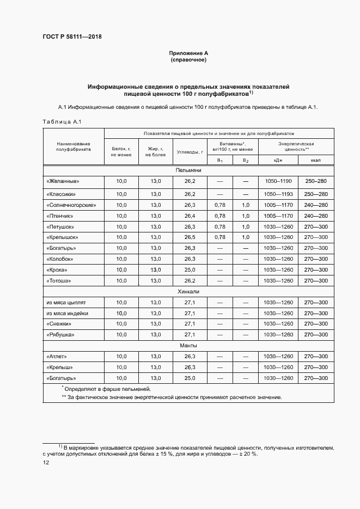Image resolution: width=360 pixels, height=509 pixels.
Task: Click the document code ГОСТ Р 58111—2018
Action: (72, 37)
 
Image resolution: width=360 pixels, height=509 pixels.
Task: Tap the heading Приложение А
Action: (188, 53)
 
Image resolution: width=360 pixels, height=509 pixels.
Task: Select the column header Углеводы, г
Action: (190, 151)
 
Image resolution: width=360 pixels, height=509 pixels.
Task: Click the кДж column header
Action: (278, 160)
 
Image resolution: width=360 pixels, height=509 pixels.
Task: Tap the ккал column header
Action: (315, 160)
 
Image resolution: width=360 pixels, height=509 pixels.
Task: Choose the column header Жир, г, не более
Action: (155, 151)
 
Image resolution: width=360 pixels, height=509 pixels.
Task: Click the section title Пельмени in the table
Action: (188, 170)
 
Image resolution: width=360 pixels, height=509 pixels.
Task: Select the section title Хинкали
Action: (188, 292)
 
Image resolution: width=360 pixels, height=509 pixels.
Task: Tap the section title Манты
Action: (188, 346)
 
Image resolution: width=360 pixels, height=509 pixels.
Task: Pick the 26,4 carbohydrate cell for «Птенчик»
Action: (190, 216)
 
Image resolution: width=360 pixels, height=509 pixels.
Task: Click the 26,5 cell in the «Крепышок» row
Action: (190, 237)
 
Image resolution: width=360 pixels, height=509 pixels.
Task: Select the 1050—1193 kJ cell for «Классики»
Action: (278, 194)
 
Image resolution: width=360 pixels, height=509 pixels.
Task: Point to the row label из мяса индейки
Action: (67, 313)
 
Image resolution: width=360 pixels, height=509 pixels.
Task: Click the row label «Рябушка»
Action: (60, 335)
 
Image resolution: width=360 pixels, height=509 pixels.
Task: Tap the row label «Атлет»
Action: (57, 356)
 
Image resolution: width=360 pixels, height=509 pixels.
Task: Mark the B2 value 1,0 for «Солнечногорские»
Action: (246, 205)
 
